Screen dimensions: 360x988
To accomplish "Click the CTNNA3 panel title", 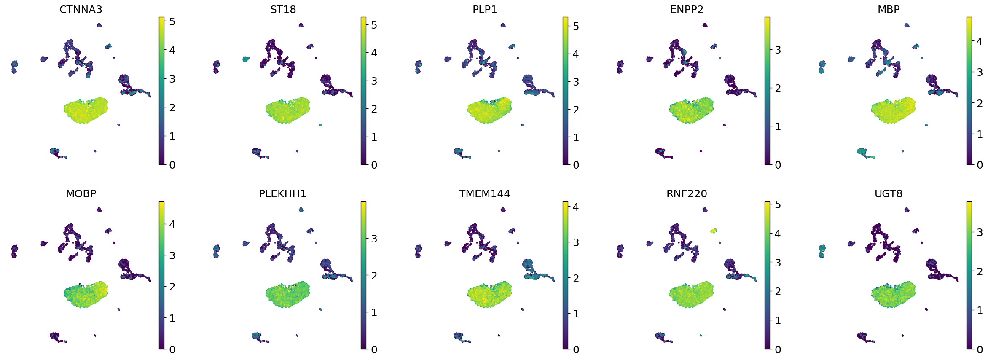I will click(81, 9).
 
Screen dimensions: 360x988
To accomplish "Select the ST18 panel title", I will click(283, 9).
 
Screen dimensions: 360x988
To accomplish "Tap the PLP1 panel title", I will click(485, 9).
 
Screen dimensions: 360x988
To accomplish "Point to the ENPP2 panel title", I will click(687, 9).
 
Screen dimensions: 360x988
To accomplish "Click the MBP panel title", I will click(889, 9).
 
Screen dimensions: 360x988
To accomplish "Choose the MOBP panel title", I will click(81, 193).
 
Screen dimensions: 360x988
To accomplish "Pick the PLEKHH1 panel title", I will click(283, 193).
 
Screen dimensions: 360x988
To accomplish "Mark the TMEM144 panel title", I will click(485, 193).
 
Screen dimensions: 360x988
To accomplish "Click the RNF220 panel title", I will click(687, 193).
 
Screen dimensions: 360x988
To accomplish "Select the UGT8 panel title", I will click(889, 193).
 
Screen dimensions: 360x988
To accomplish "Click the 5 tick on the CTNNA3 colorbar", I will click(172, 21).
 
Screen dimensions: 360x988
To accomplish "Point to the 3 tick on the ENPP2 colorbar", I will click(778, 50).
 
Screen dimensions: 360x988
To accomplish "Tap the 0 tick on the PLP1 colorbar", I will click(576, 165).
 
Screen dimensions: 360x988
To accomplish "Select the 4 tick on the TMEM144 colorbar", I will click(576, 207).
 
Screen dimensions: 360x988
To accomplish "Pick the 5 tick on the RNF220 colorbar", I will click(778, 205).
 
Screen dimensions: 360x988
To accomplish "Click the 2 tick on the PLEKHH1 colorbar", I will click(374, 276).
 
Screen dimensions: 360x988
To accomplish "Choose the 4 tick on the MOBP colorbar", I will click(172, 224).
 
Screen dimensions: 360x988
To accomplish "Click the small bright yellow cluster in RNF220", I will click(713, 231).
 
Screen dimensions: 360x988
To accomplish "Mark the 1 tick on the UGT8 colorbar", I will click(980, 310).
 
